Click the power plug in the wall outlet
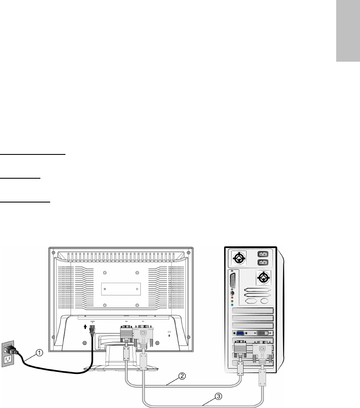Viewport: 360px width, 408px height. point(11,350)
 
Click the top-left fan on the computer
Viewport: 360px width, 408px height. point(238,259)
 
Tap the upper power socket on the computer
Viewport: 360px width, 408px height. point(263,255)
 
